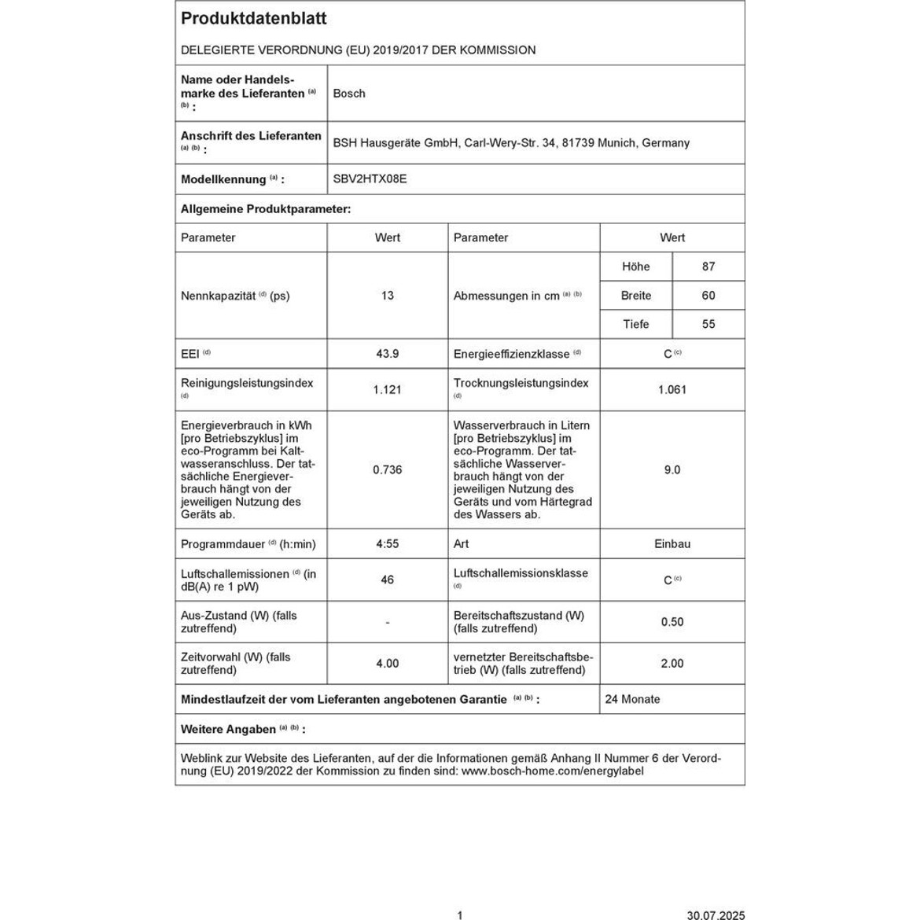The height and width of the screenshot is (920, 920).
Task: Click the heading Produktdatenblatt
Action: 243,19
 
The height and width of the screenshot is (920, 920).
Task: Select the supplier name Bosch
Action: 349,94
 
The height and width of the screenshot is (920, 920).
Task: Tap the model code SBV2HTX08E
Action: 370,179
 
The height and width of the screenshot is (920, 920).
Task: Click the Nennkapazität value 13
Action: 387,296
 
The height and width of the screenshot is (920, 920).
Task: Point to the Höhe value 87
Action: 708,267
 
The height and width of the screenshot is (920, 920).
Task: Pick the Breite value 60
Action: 708,296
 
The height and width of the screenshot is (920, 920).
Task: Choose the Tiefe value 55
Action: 708,324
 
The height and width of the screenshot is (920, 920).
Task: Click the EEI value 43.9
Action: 387,354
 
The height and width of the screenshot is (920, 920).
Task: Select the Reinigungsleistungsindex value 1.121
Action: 387,389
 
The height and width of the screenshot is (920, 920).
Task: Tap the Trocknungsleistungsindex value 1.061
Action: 672,389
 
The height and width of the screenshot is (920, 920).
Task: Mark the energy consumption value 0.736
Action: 387,469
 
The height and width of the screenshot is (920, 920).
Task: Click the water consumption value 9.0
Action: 672,469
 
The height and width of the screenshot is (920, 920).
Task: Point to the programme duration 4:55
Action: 387,543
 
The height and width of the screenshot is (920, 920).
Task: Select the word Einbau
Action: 672,543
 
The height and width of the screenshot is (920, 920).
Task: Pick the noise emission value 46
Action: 387,580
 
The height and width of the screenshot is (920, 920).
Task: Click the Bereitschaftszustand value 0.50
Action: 672,622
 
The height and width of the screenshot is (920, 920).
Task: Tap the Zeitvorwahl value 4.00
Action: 387,664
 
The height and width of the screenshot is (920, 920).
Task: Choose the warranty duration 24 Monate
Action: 632,699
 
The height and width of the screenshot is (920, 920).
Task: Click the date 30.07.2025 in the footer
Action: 716,914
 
